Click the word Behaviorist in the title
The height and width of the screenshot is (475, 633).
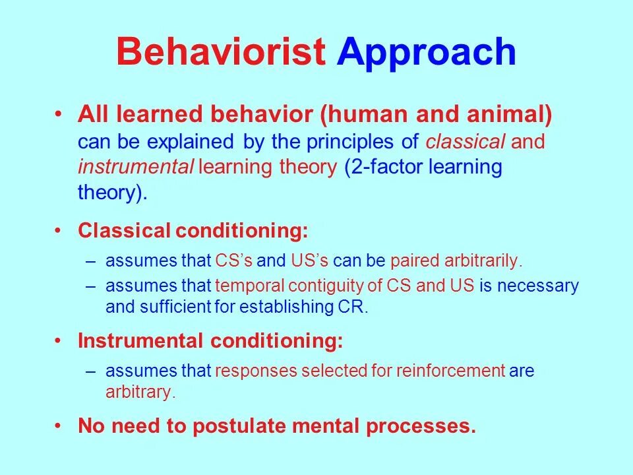coord(221,51)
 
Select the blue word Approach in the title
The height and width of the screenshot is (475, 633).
coord(427,53)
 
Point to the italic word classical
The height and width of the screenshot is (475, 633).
coord(465,141)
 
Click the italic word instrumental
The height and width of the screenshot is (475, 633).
coord(136,166)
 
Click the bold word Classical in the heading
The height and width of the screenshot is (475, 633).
coord(124,230)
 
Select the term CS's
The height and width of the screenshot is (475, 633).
coord(233,261)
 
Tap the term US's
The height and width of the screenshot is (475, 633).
coord(309,261)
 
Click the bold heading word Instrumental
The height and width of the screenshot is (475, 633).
coord(140,340)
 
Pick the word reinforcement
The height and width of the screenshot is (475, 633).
coord(450,370)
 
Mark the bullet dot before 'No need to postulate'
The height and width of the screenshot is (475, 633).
coord(59,426)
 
